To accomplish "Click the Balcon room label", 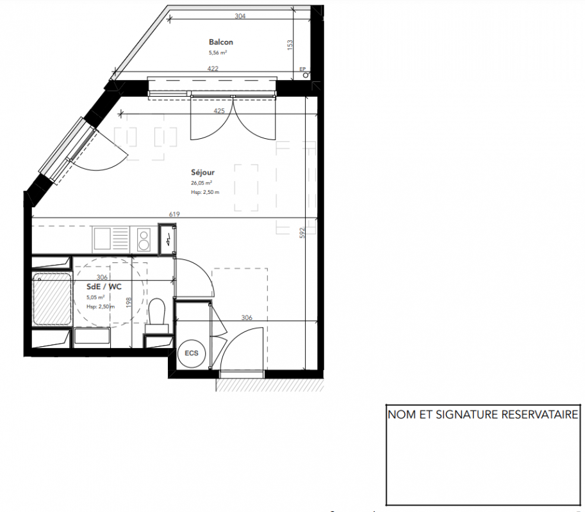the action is coord(221,42).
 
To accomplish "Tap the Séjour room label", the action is coord(202,173).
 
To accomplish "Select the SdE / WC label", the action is coord(104,287).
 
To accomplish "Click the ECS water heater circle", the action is coord(192,353).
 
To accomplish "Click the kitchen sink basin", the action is coord(102,239).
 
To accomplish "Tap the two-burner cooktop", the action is coord(144,239).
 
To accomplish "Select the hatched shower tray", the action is coord(52,300).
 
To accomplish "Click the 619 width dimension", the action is coord(174,214).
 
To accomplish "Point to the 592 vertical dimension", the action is coord(302,233).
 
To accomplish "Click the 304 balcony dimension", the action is coord(240,16).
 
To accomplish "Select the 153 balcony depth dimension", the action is coord(290,45).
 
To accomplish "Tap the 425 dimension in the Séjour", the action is coord(219,111).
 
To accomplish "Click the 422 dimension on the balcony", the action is coord(213,68).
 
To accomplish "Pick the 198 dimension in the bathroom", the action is coord(129,302).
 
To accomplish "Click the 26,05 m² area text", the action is coord(201,183).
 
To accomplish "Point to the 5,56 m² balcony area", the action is coord(218,52).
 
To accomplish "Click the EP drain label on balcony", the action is coord(302,69).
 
